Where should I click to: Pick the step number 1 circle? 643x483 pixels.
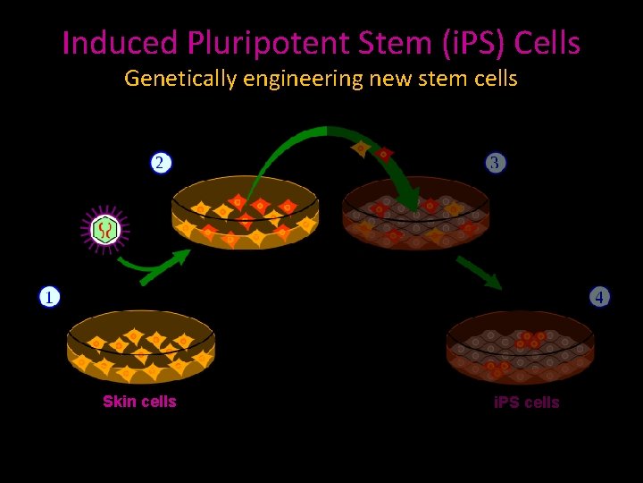pos(48,296)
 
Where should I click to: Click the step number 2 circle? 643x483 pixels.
pos(159,162)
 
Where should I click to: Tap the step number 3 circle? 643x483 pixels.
pos(496,162)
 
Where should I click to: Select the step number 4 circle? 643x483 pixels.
pos(599,296)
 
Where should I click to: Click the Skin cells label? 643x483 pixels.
pos(139,402)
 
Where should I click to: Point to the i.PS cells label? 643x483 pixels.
pos(526,402)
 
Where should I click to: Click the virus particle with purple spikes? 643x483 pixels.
pos(105,231)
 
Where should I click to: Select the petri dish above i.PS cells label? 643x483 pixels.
pos(521,347)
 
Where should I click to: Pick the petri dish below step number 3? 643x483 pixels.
pos(415,215)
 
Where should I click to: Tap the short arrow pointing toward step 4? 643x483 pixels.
pos(479,273)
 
